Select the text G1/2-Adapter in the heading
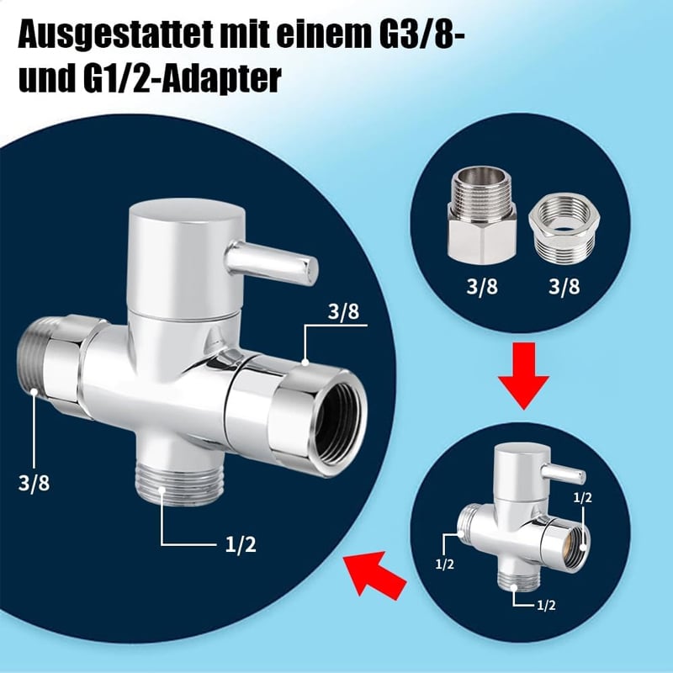tap(183, 78)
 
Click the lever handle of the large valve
tap(271, 263)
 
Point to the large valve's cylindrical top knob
tap(186, 257)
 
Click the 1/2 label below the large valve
tap(241, 545)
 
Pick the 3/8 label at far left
tap(34, 483)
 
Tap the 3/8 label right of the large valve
tap(343, 311)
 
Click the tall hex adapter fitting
tap(481, 215)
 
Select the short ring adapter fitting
tap(564, 230)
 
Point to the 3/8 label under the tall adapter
tap(482, 287)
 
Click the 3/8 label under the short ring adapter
tap(564, 287)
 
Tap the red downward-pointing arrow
tap(523, 375)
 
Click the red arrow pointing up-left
tap(374, 575)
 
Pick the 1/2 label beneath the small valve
tap(546, 605)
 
